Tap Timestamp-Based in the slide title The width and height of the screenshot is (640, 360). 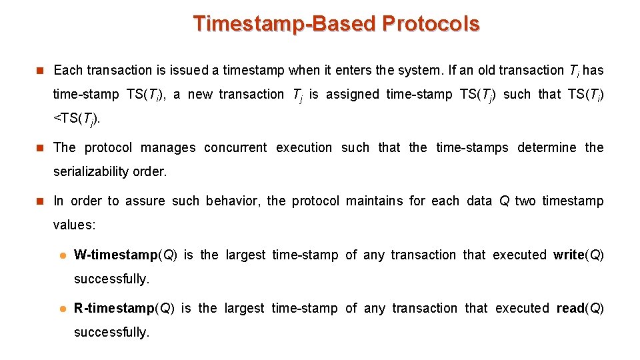click(285, 23)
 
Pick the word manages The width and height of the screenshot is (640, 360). click(168, 147)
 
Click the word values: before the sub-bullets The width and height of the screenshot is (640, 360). click(74, 225)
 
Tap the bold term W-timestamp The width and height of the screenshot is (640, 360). click(114, 255)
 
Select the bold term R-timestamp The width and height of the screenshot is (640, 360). click(114, 308)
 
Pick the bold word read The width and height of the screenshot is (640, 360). click(571, 308)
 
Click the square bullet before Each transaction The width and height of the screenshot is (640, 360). click(39, 70)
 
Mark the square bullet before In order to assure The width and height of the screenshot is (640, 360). click(39, 201)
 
